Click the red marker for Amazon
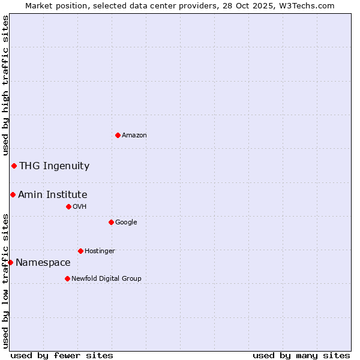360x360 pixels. [118, 135]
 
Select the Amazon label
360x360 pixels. [134, 136]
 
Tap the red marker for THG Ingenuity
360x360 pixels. [14, 166]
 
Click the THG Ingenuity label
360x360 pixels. [54, 166]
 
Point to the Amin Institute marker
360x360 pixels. [13, 194]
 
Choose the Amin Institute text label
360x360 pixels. [52, 195]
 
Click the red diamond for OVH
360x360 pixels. [68, 206]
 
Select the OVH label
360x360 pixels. [80, 207]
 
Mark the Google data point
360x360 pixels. [111, 222]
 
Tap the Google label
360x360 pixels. [126, 223]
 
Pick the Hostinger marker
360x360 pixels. [80, 251]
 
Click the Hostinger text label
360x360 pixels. [100, 251]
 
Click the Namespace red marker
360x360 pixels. [10, 262]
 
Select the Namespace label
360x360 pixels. [43, 263]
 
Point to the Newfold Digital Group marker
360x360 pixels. [67, 278]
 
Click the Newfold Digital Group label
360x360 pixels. [106, 279]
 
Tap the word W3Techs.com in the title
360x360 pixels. [310, 6]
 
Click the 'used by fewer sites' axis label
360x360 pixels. [62, 355]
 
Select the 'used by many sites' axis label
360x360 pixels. [301, 355]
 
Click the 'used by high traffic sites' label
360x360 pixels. [6, 85]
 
